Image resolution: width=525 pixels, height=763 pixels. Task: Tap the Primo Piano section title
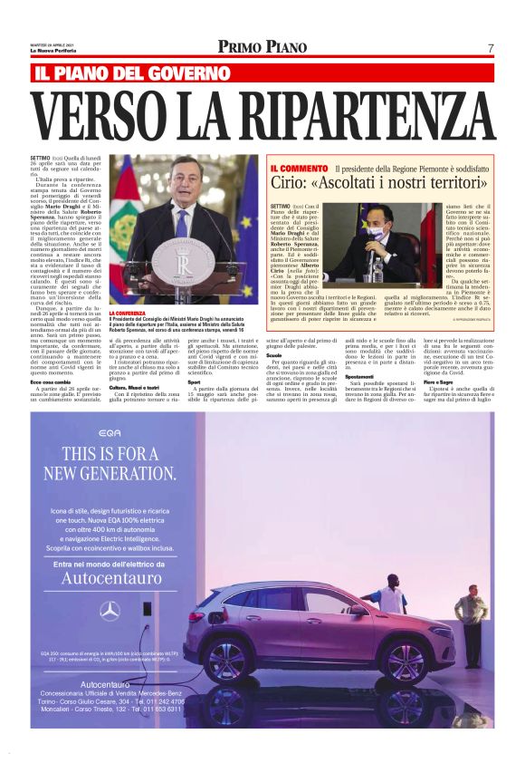262,47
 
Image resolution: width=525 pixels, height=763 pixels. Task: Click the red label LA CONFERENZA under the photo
126,313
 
